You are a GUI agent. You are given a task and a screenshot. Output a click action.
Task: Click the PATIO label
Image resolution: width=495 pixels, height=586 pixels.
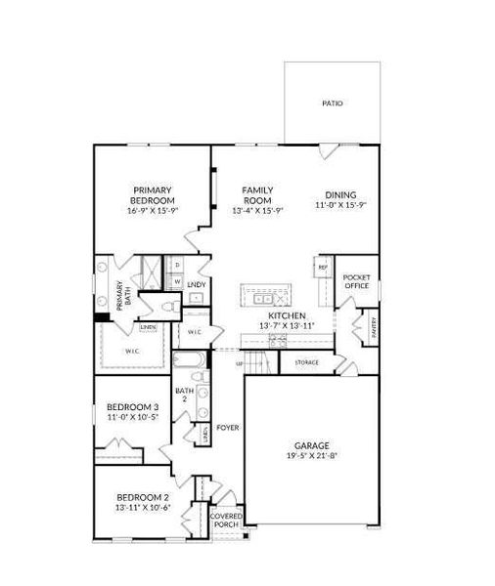(333, 102)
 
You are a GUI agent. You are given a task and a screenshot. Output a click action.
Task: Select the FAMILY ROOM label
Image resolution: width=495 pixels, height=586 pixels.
(258, 195)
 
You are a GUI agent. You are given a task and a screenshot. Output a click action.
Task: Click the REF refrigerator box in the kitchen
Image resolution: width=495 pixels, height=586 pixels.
(322, 265)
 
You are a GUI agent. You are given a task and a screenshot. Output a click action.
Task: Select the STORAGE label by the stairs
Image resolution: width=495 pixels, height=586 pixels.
(306, 362)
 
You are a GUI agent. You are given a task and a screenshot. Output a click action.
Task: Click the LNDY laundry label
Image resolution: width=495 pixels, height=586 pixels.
(196, 285)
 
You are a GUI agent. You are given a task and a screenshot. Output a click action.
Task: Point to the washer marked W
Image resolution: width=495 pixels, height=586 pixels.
(177, 281)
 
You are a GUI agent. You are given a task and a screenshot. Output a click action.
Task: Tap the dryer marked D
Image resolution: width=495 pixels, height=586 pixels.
(177, 265)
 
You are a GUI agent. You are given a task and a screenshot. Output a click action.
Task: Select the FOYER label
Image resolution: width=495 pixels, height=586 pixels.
(228, 428)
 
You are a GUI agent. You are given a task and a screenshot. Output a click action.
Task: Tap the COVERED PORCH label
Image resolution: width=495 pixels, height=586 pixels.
(226, 520)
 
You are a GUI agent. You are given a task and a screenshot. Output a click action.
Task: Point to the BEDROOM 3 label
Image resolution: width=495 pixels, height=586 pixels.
(132, 406)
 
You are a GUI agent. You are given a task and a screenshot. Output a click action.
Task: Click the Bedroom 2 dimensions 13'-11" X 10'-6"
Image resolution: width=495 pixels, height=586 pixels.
(144, 507)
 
